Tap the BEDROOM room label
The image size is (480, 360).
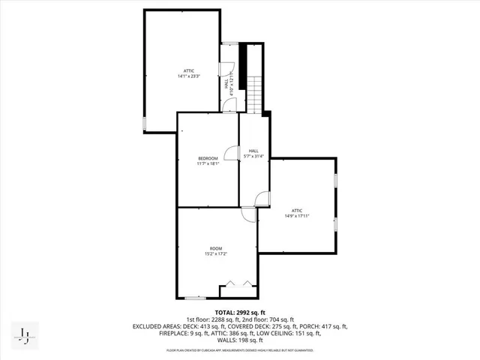(x=208, y=158)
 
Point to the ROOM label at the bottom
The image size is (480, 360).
(x=216, y=248)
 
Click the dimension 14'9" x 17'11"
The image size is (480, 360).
(x=297, y=216)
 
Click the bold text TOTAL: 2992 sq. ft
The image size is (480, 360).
(x=240, y=311)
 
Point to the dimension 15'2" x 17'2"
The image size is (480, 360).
(x=216, y=254)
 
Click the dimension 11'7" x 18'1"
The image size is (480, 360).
(x=208, y=163)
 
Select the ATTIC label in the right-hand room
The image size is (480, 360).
(x=297, y=210)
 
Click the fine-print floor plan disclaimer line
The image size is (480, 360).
(x=240, y=350)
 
